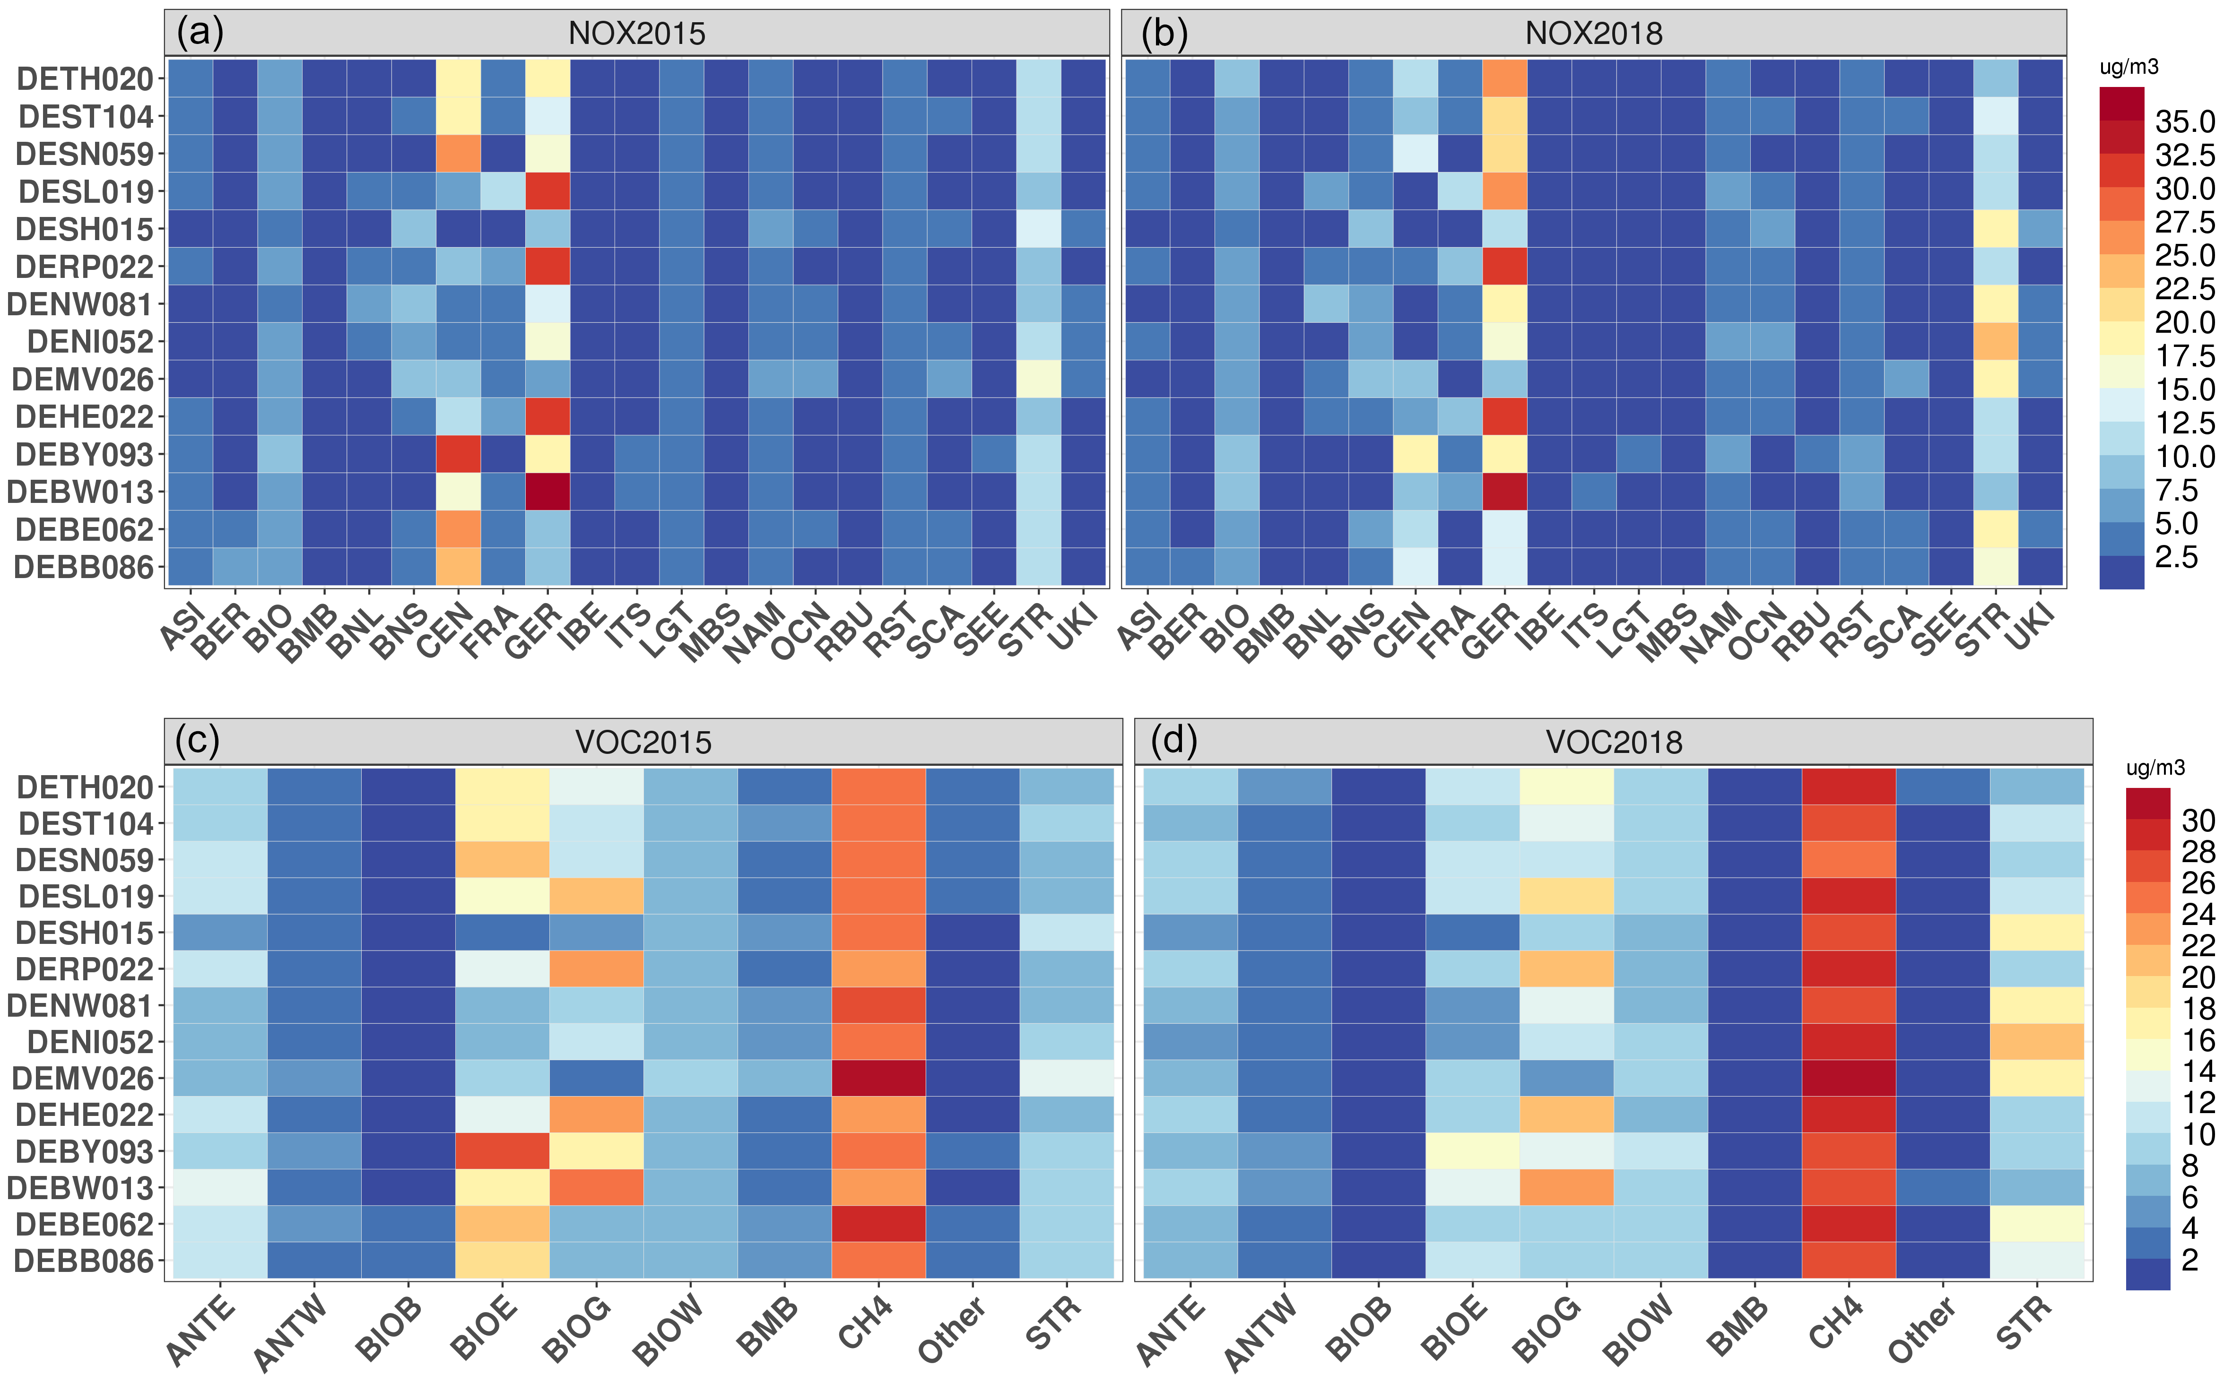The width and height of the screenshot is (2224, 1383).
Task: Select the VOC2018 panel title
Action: point(1614,742)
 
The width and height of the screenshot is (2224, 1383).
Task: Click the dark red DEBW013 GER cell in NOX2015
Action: point(547,491)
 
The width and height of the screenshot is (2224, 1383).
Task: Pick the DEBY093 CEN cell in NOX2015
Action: point(458,454)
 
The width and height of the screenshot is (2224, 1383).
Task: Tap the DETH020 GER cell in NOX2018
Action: point(1504,78)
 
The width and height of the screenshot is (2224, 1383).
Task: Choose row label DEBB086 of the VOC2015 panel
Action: point(84,1262)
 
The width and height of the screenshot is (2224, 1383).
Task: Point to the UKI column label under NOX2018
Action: point(2031,629)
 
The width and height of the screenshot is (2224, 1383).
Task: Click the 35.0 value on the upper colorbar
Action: point(2185,121)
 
